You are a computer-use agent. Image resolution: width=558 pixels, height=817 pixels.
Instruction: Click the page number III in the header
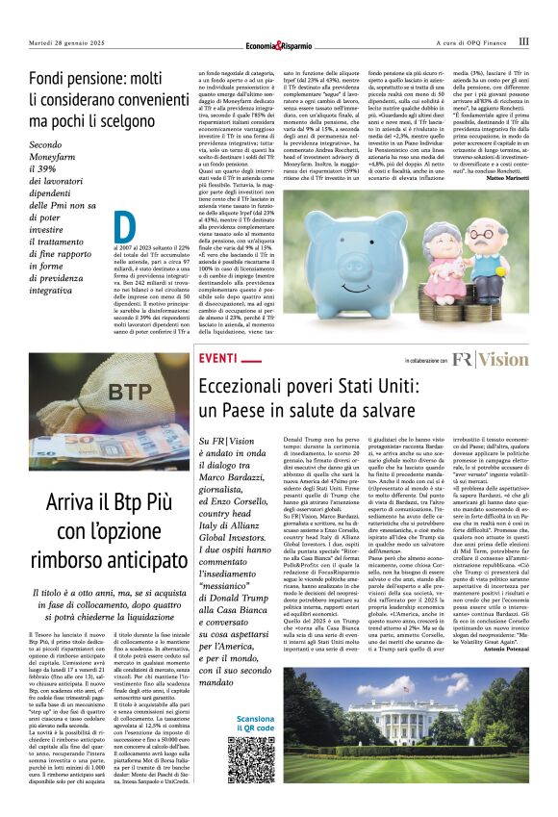tap(523, 41)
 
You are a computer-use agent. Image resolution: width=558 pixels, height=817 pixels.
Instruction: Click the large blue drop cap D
tap(124, 226)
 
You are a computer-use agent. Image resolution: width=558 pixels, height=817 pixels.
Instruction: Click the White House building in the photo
tap(402, 730)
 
